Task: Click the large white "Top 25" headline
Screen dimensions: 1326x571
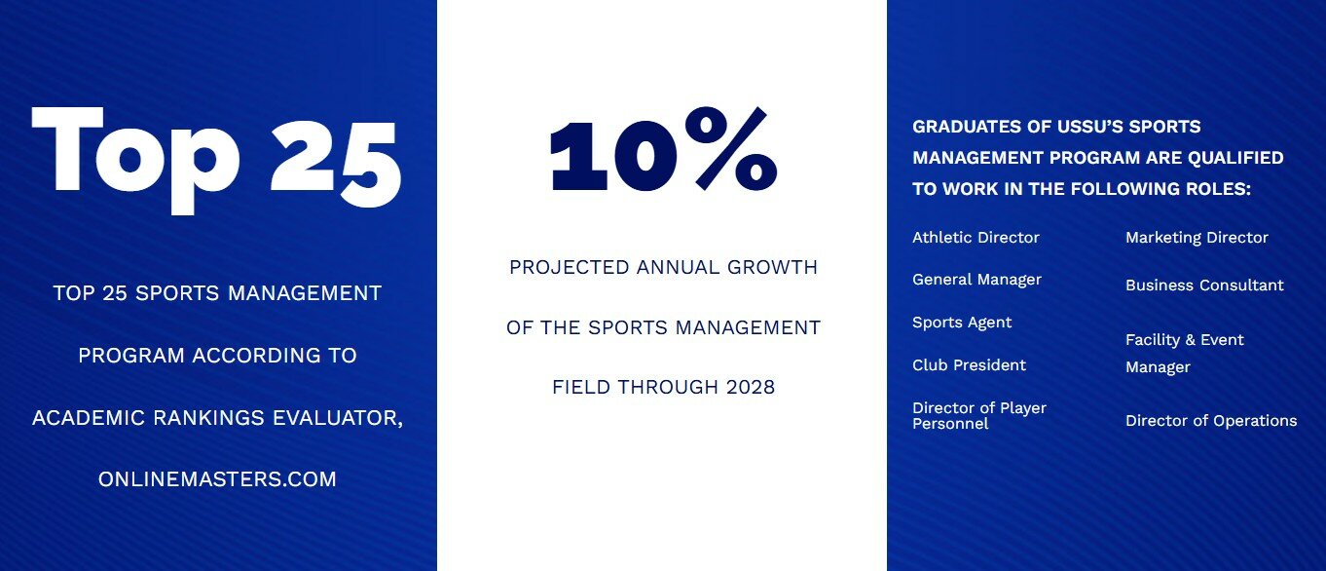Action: point(217,160)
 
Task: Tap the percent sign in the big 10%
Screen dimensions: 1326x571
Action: point(731,149)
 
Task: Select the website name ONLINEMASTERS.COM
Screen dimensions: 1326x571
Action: point(217,479)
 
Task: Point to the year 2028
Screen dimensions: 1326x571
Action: point(751,388)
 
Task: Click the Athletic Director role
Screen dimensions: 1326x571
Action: point(976,238)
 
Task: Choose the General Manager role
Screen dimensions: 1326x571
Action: point(976,280)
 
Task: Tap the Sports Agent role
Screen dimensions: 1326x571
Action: point(962,323)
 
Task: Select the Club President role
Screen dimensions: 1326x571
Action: point(969,364)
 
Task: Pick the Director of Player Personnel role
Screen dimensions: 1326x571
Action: point(979,416)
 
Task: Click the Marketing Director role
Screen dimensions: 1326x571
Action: point(1197,238)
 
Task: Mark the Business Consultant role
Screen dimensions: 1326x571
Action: point(1204,285)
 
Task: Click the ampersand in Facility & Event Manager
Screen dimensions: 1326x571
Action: point(1191,340)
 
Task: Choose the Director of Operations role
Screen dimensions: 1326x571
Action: point(1211,421)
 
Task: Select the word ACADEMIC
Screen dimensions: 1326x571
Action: point(89,418)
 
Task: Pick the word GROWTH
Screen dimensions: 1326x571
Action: point(772,268)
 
